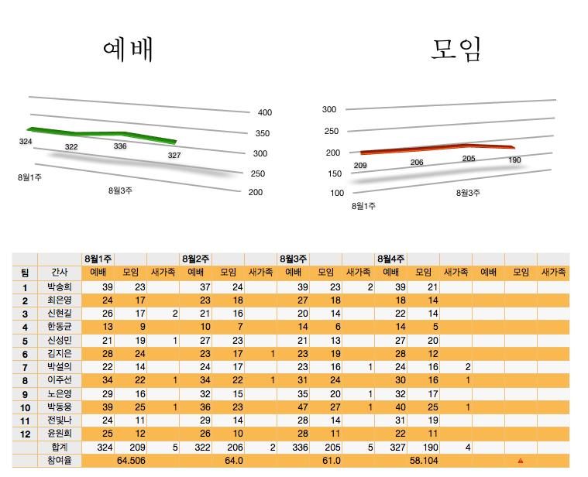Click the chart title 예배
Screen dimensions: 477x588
(x=128, y=50)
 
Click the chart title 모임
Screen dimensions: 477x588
(x=456, y=50)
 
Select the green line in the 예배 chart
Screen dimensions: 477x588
(x=101, y=134)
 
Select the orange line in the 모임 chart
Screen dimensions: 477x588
(x=434, y=148)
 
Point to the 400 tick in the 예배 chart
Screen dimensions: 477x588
(x=265, y=113)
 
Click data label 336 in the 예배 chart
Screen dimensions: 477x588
(x=120, y=146)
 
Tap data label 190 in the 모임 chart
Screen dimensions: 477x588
(x=514, y=160)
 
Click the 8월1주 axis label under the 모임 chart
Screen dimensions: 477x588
(x=363, y=206)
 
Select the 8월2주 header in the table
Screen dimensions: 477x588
(x=195, y=259)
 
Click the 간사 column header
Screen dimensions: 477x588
(x=59, y=273)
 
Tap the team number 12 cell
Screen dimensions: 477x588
(x=25, y=434)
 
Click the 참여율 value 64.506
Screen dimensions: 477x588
(x=131, y=461)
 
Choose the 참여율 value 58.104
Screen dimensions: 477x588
(x=424, y=461)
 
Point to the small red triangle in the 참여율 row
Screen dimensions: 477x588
(x=521, y=462)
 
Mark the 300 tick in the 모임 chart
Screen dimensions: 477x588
(x=330, y=110)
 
